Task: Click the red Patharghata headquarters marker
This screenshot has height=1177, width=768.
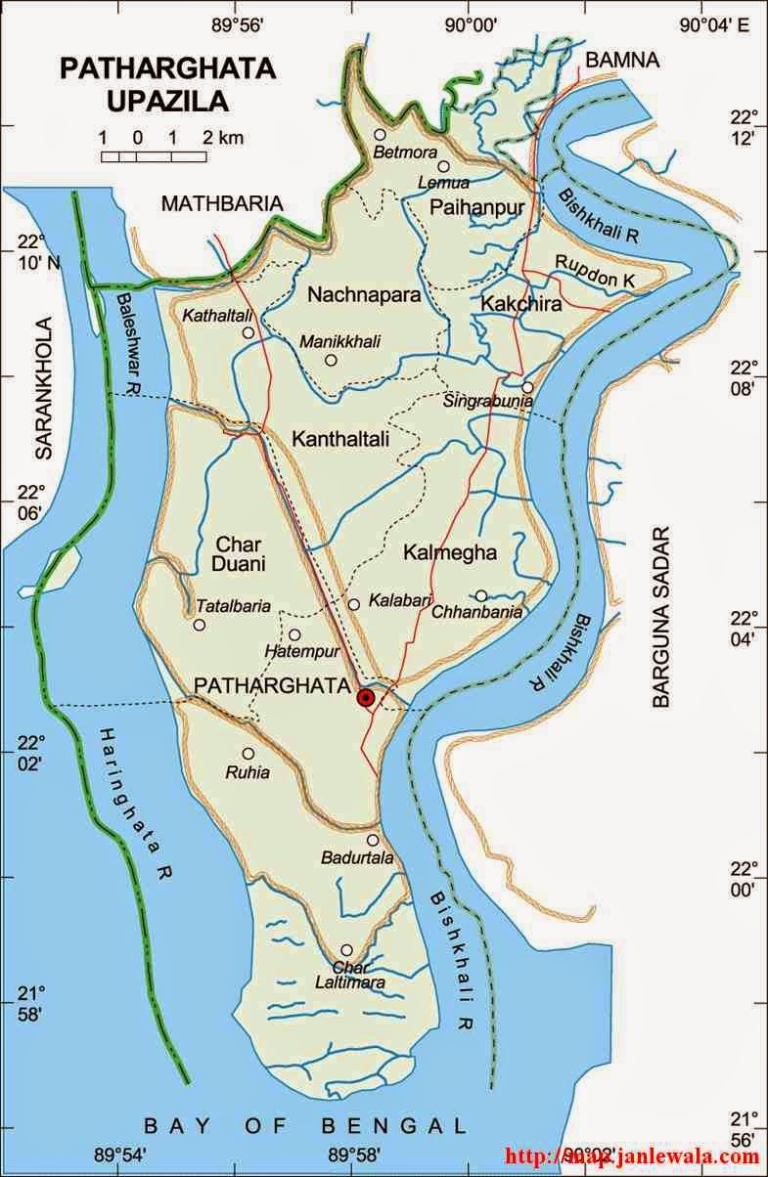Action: [x=366, y=697]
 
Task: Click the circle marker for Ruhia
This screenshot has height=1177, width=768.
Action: [x=248, y=754]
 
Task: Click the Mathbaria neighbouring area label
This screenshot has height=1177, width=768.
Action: [x=222, y=203]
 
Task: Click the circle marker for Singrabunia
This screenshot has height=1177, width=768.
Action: [x=527, y=387]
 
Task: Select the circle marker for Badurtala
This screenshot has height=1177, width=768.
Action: [x=373, y=840]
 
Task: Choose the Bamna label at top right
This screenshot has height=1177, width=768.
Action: [x=622, y=61]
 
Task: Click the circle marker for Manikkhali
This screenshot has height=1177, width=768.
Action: [x=331, y=360]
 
